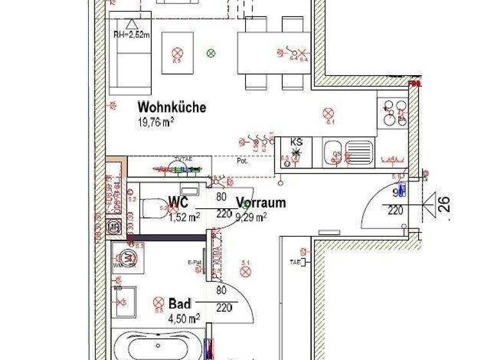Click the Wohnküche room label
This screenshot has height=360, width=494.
[172, 107]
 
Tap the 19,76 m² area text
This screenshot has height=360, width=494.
[156, 122]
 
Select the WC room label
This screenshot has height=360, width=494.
[178, 203]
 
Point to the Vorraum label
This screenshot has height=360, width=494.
[261, 203]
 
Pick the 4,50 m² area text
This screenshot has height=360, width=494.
[184, 318]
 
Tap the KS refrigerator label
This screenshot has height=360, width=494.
[297, 141]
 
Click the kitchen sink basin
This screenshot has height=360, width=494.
[333, 154]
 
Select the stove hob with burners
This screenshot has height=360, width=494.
[392, 113]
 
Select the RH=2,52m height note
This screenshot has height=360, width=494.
[131, 35]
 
